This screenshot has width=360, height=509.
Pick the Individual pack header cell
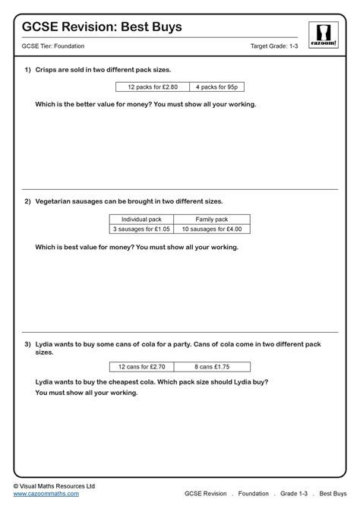coord(142,219)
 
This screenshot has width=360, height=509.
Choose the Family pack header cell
coord(212,219)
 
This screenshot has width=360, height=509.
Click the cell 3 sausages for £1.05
coord(142,229)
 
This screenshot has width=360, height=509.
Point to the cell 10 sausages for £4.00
coord(212,229)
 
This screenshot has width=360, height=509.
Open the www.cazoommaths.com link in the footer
coord(46,494)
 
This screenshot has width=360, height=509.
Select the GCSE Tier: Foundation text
coord(54,47)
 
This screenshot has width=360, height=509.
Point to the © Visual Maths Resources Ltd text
coord(54,485)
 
